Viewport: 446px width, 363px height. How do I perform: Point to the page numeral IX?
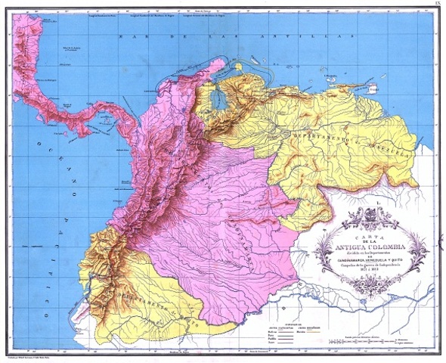438,5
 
